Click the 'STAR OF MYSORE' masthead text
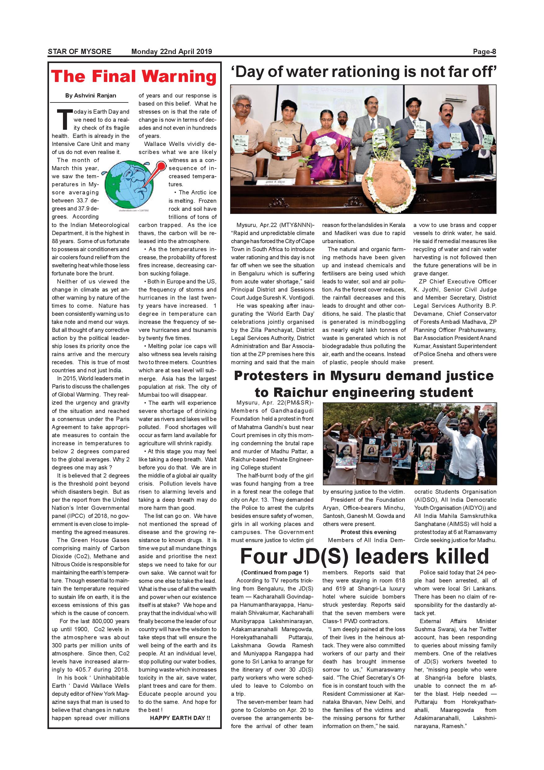pos(79,51)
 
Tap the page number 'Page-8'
pos(484,51)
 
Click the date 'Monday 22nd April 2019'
pos(172,51)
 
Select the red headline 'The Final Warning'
pos(134,76)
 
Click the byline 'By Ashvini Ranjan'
pos(91,96)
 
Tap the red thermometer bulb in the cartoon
pos(162,166)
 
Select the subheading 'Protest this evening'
pos(368,532)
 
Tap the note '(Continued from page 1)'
pos(275,573)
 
